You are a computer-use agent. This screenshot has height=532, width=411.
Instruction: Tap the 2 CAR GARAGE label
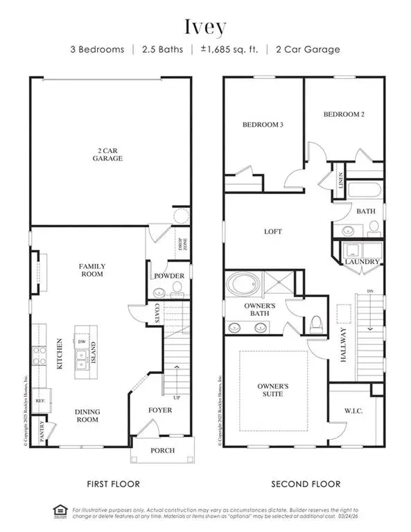[x=110, y=154]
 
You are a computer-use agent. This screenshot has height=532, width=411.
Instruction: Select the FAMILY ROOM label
[x=91, y=269]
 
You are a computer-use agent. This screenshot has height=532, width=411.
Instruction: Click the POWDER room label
[x=169, y=276]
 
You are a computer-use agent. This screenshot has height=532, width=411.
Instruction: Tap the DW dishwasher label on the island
[x=82, y=342]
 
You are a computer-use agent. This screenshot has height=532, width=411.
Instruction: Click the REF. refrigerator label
[x=41, y=400]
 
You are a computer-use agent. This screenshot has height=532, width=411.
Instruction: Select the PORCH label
[x=163, y=451]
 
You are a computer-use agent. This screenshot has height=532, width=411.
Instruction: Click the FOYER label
[x=161, y=410]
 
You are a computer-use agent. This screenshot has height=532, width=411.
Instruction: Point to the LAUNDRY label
[x=362, y=262]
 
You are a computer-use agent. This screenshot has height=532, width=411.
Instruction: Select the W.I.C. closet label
[x=354, y=410]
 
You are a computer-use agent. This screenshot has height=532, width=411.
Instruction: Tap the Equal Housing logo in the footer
[x=60, y=512]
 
